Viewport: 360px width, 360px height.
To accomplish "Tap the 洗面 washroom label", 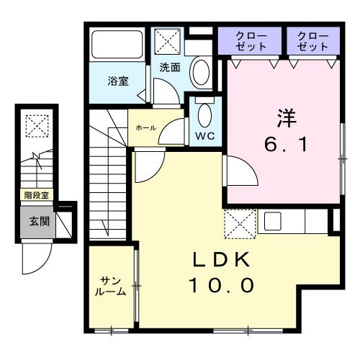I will tap(170, 68).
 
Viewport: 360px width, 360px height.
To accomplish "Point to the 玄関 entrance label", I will tap(39, 221).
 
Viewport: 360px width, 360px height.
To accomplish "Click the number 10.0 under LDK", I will tap(221, 286).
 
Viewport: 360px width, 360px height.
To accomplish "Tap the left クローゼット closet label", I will tap(251, 40).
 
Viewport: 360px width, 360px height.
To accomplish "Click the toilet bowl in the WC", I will tap(204, 114).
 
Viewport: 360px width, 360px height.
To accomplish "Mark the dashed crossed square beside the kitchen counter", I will tap(240, 222).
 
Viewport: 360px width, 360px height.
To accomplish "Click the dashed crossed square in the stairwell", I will tap(35, 126).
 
